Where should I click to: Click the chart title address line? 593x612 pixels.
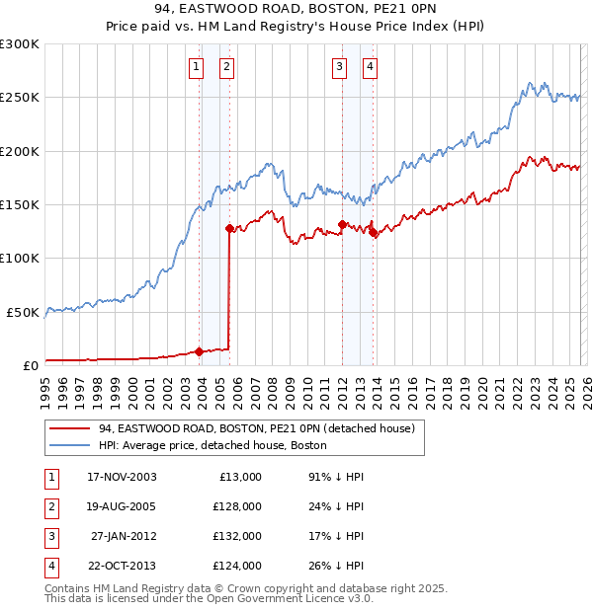296,9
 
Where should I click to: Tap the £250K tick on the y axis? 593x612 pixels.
20,98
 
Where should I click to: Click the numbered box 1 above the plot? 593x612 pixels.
196,67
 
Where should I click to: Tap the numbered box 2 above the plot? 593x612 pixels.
226,67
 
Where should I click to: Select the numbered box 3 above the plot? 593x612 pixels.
339,67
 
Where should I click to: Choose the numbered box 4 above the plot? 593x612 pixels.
370,67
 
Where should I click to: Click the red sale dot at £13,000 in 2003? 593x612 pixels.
200,350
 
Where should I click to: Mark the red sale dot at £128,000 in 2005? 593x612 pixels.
229,228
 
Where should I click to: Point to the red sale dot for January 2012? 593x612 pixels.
342,224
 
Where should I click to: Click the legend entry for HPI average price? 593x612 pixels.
212,445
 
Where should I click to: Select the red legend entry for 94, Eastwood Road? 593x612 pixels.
256,428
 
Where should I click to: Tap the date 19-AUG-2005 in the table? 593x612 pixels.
122,505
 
